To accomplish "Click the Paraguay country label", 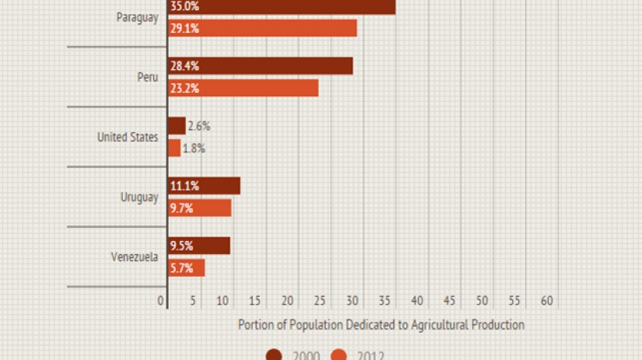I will pos(137,17).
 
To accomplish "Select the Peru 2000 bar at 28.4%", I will pos(260,66).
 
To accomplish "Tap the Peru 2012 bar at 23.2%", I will pos(243,88).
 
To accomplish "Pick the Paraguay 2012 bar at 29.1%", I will pos(262,28).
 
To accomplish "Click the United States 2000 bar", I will pos(177,126).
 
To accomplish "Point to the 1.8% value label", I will pos(194,148).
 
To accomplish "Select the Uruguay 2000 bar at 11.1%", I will pos(204,186).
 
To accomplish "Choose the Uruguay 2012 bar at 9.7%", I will pos(200,208).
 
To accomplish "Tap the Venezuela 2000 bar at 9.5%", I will pos(199,246).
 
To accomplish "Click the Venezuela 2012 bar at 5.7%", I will pos(187,268).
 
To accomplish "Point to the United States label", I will pos(127,137).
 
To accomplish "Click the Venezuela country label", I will pos(134,257).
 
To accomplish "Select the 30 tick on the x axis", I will pos(352,301).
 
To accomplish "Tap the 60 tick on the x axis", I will pos(547,301).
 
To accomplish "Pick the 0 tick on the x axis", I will pos(161,301).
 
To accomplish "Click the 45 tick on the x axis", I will pos(450,301).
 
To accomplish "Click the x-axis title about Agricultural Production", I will pos(381,325).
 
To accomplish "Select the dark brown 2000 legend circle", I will pos(274,355).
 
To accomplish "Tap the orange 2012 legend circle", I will pos(339,355).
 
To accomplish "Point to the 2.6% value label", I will pos(199,126).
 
